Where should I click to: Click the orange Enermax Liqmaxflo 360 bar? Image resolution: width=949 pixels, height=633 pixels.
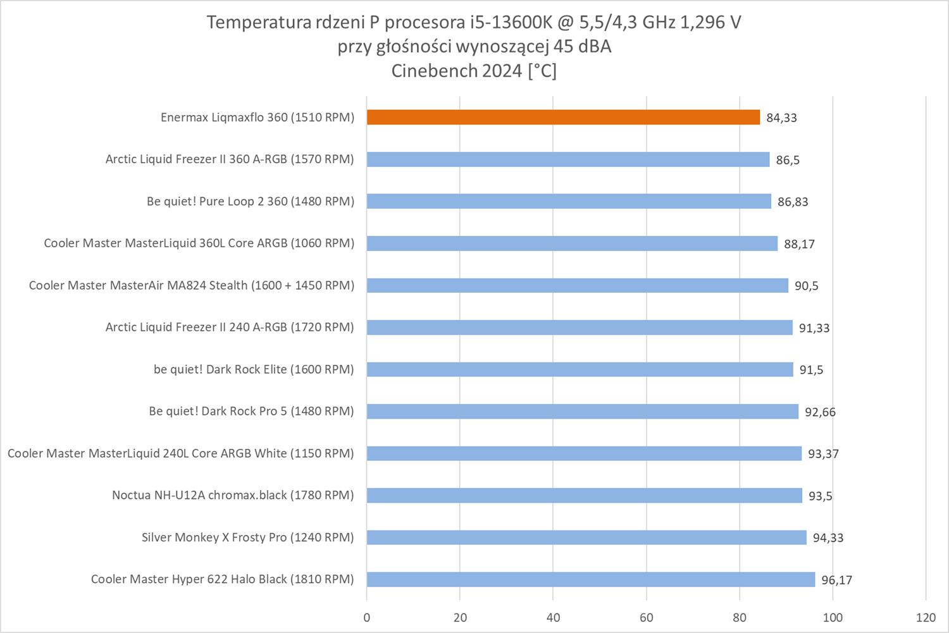pos(563,117)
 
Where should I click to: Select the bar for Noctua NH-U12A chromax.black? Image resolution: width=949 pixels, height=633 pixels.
pos(584,495)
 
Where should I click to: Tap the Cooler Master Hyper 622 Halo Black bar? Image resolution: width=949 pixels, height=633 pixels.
pos(590,579)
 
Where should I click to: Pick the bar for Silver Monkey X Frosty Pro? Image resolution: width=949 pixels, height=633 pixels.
pos(586,538)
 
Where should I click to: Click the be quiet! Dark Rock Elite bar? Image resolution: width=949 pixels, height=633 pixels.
pos(580,369)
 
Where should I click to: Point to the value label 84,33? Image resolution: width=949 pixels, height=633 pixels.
pos(781,118)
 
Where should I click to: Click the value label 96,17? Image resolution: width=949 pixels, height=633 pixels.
pos(836,580)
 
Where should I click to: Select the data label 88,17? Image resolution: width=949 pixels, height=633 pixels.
pos(799,244)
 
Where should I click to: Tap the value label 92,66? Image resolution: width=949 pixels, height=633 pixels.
pos(820,412)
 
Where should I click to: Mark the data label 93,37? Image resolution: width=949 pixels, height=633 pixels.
pos(823,454)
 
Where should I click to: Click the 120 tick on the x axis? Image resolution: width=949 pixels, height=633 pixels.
pos(926,618)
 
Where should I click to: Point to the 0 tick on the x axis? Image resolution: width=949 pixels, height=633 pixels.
pos(367,618)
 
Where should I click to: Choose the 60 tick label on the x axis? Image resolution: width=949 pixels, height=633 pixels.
pos(647,618)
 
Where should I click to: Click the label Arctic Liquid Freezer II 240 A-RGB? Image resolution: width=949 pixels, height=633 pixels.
pos(229,327)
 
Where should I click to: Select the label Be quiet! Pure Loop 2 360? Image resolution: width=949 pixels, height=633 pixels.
pos(250,201)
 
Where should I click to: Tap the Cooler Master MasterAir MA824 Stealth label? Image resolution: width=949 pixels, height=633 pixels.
pos(191,285)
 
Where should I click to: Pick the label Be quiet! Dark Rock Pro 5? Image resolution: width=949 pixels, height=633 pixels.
pos(251,411)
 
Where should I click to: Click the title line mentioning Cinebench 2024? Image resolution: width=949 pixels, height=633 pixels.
pos(474,71)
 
